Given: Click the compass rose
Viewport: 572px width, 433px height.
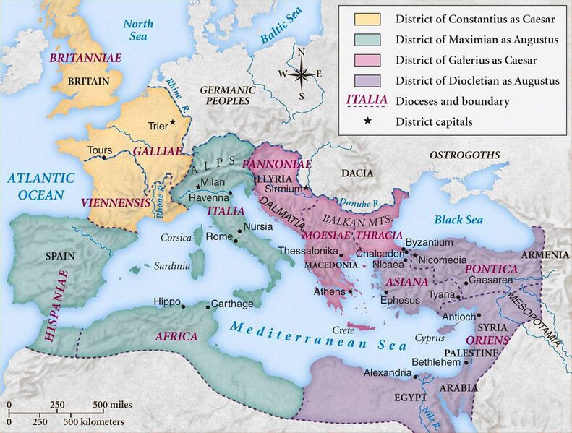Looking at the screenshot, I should tap(302, 74).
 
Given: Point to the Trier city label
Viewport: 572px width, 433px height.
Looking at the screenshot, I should tap(157, 125).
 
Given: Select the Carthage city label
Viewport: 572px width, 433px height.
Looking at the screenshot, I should tap(232, 304).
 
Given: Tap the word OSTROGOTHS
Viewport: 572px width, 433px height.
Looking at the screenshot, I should tap(465, 155).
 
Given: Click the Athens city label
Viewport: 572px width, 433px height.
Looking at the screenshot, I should tap(329, 292).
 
